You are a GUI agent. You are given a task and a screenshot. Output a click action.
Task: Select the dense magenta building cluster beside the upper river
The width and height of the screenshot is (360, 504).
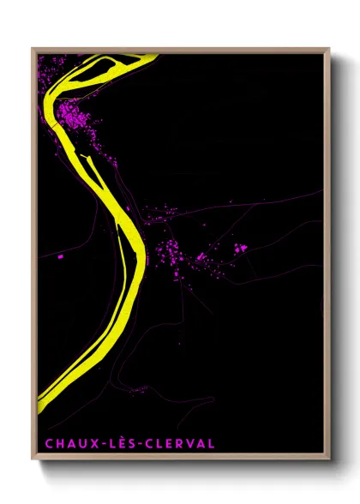click(74, 117)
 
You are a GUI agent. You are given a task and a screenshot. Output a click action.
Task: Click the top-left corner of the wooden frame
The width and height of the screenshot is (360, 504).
click(33, 49)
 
